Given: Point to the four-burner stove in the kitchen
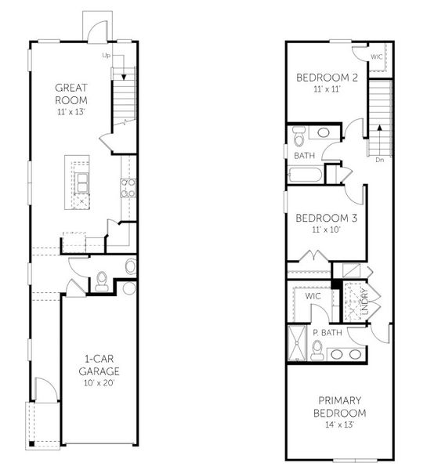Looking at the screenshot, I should (127, 187).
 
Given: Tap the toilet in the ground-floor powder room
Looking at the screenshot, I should (102, 280).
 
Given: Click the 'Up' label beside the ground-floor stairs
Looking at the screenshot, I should (106, 56).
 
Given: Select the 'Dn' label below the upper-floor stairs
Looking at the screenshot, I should (379, 160).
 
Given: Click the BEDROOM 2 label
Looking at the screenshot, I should (327, 78).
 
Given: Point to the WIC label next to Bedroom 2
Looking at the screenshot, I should (377, 56).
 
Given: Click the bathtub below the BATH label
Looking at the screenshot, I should (306, 174).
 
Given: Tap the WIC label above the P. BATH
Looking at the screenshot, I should (313, 297).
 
